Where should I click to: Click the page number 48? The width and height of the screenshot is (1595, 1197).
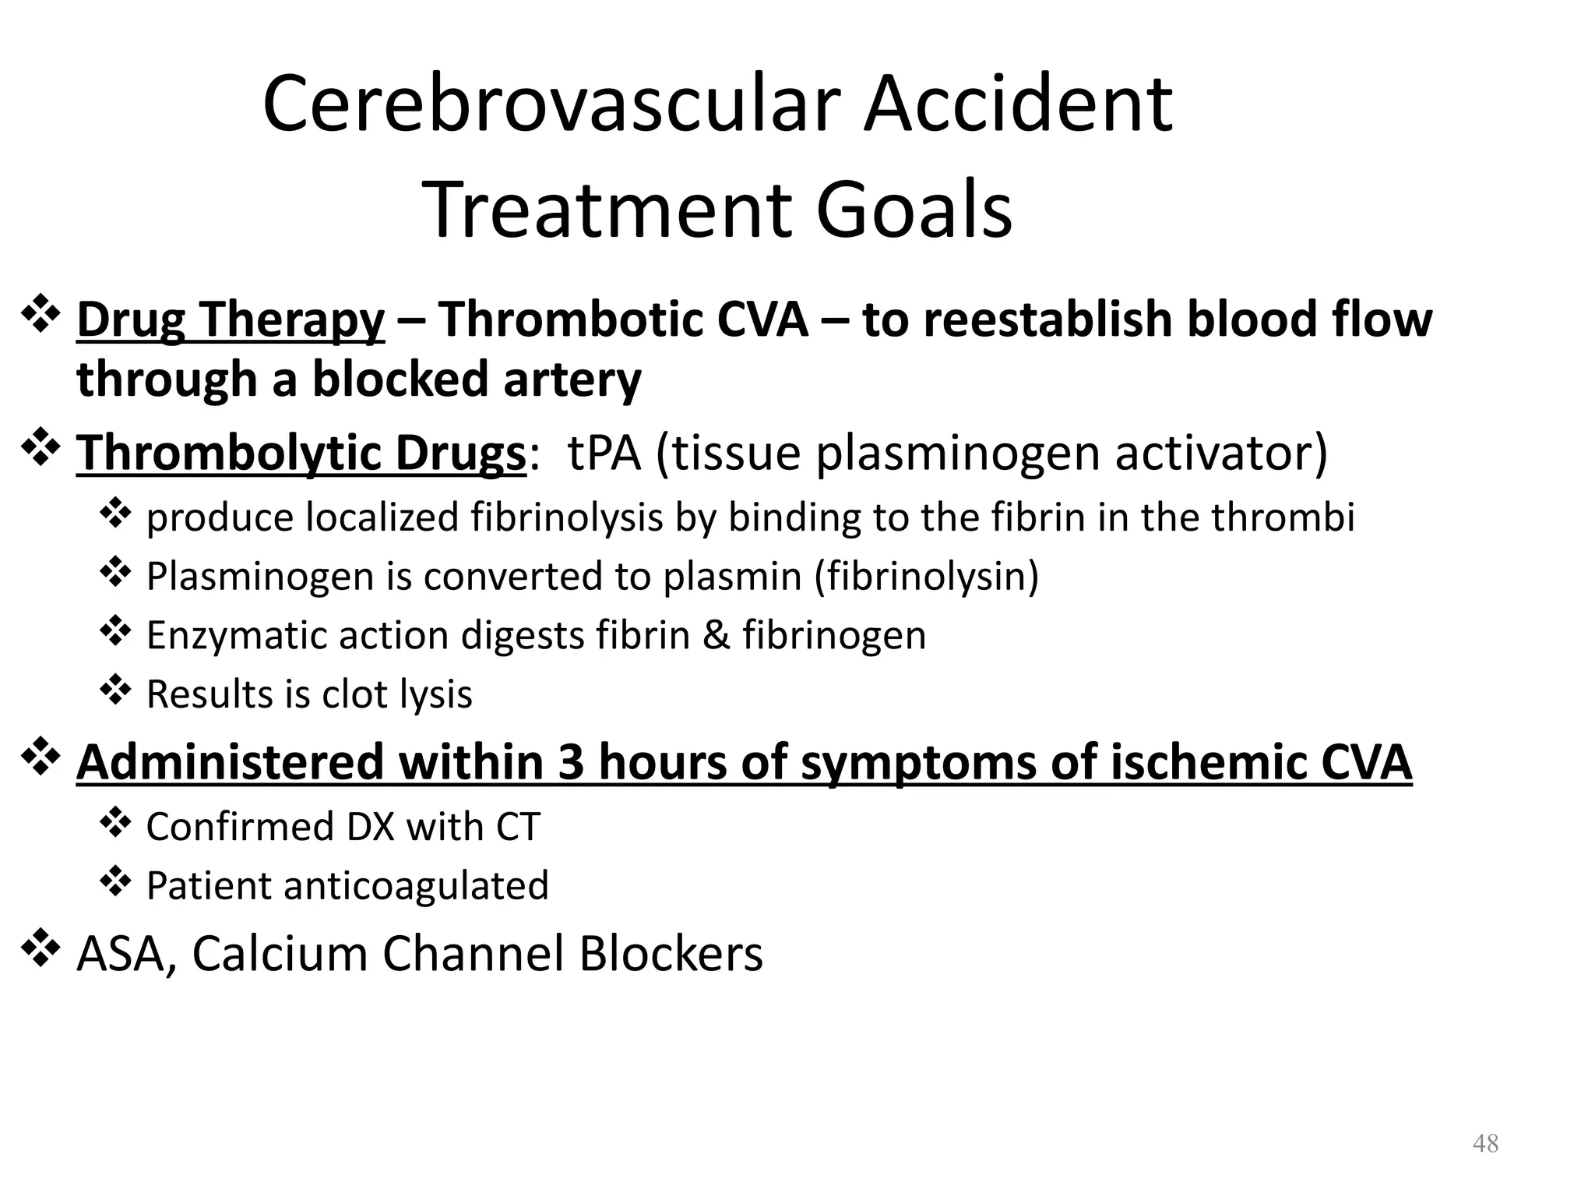pos(1485,1144)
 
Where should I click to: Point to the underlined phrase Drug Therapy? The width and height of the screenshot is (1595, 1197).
pos(231,320)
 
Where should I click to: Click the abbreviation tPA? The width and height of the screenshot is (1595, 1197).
pos(604,453)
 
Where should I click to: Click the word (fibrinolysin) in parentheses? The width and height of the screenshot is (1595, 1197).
pos(927,577)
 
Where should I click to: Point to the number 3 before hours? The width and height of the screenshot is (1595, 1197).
pos(570,761)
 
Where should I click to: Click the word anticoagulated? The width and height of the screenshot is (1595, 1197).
pos(416,886)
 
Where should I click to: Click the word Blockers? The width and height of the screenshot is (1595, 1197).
pos(671,953)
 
